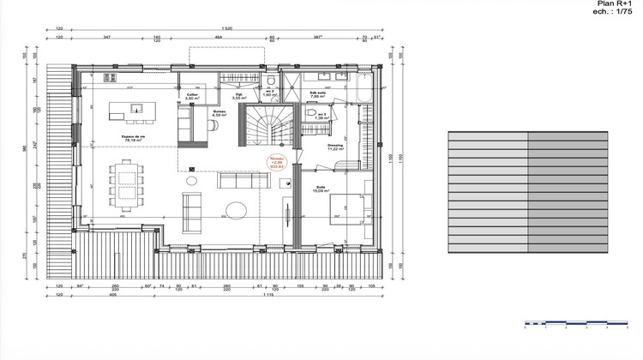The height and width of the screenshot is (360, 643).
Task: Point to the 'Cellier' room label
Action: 192,95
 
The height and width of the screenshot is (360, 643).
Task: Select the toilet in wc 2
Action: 270,82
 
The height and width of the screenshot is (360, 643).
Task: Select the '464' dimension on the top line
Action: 219,38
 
